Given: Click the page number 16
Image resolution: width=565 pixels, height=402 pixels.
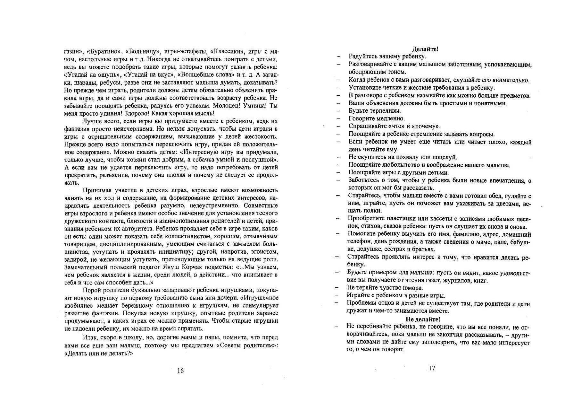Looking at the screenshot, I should (x=180, y=371).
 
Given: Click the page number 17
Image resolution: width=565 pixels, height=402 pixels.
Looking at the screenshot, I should (x=432, y=368).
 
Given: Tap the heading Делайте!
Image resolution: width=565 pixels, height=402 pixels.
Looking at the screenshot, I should (x=425, y=49).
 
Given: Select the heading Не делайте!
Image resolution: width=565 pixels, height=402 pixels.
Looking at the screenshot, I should (x=423, y=319).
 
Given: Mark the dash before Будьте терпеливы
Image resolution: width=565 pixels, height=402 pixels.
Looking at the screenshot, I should (x=339, y=111).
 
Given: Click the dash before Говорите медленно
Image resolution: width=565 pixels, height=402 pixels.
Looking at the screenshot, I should (x=339, y=119).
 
